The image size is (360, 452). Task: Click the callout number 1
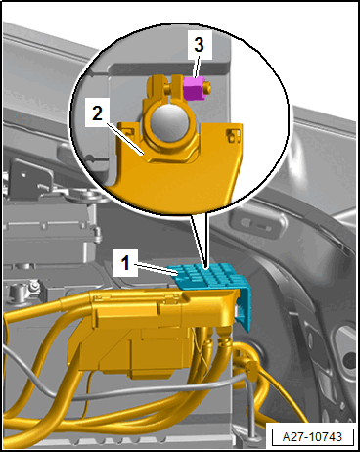click(x=126, y=263)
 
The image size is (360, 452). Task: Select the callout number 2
click(x=97, y=113)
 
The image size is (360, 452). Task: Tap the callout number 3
click(x=200, y=44)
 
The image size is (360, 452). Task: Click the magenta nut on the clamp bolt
click(x=194, y=88)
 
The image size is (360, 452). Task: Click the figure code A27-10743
click(x=312, y=436)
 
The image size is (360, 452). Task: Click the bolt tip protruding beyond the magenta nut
click(x=207, y=87)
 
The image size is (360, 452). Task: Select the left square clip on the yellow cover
click(x=129, y=132)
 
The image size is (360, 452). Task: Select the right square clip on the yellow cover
click(x=231, y=136)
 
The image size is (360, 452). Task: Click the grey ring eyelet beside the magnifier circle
click(x=90, y=197)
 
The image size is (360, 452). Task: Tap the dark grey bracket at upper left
click(x=29, y=178)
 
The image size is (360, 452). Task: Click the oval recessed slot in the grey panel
click(x=257, y=224)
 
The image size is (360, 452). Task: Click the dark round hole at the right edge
click(x=349, y=360)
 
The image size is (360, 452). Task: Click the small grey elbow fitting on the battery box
click(x=97, y=235)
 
